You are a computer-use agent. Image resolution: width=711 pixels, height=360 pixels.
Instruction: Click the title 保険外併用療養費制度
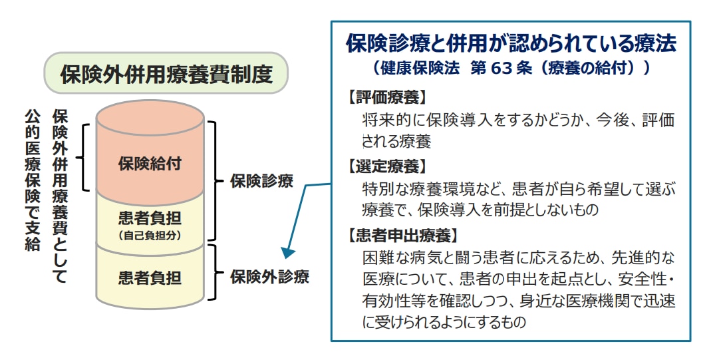tap(166, 74)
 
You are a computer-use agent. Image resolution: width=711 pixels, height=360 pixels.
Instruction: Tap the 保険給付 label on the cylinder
tap(150, 162)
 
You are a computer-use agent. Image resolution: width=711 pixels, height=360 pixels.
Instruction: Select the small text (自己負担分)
tap(150, 235)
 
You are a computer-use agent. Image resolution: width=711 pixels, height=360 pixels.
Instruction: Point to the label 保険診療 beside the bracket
tap(261, 181)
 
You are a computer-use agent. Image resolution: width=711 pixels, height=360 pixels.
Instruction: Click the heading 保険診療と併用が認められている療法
tap(511, 44)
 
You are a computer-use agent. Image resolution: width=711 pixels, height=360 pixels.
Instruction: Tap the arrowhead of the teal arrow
tap(287, 252)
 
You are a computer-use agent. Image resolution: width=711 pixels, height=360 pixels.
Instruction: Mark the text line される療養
tap(396, 141)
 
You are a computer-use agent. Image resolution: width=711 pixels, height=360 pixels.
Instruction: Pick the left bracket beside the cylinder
tap(82, 157)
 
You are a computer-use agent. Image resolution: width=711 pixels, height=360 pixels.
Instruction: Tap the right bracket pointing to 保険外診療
tap(213, 273)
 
